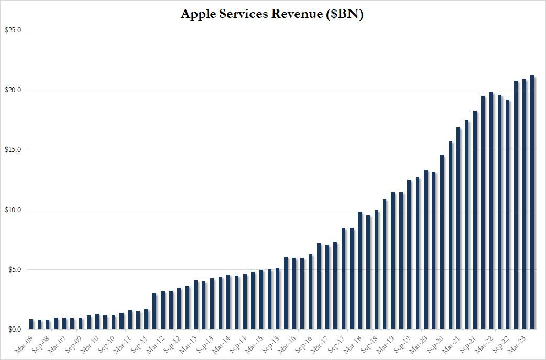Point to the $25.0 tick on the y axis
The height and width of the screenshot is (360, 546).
[x=13, y=30]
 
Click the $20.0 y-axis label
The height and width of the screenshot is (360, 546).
[x=13, y=90]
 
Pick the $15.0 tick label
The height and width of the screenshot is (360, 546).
[x=13, y=150]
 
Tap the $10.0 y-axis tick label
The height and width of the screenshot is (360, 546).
[x=13, y=210]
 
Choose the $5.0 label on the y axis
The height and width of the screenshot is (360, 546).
[x=14, y=270]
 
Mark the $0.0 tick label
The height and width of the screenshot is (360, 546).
[x=14, y=330]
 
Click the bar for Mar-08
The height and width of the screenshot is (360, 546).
[x=31, y=324]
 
